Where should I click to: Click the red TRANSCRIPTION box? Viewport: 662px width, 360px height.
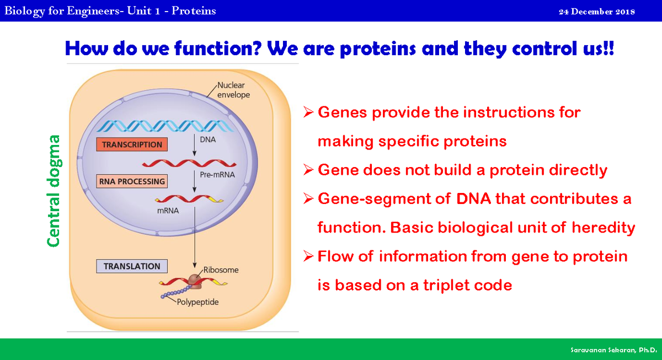tap(132, 144)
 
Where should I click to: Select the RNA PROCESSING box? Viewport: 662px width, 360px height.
tap(132, 181)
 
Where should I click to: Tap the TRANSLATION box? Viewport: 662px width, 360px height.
tap(132, 266)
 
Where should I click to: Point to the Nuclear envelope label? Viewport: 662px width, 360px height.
tap(233, 90)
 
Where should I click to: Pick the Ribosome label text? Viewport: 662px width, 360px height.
tap(221, 270)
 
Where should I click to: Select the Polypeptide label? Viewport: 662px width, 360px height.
tap(197, 302)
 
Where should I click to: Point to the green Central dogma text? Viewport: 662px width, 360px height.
tap(54, 190)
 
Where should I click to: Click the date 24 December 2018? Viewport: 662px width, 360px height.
tap(596, 12)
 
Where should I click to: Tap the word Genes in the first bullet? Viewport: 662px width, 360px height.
tap(341, 112)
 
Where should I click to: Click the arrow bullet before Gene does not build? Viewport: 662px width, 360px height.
tap(309, 170)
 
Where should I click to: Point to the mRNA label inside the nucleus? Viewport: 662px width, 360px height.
tap(168, 210)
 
